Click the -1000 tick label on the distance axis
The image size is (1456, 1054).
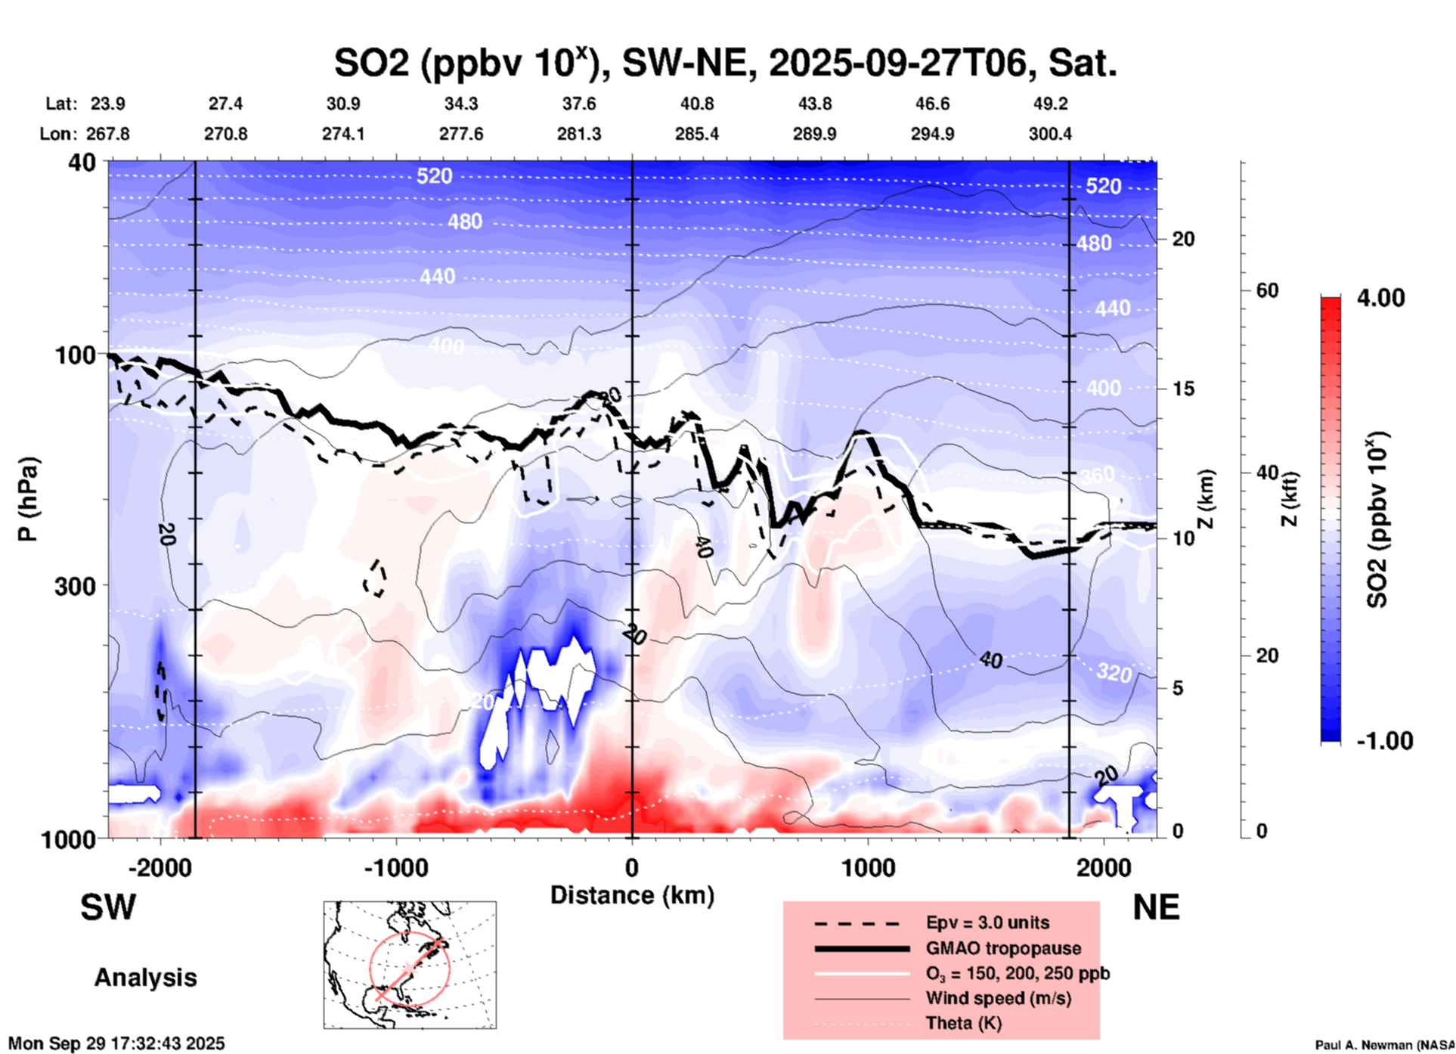pos(396,867)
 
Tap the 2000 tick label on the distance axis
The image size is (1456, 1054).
pos(1104,867)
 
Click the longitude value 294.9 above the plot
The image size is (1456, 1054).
pos(932,134)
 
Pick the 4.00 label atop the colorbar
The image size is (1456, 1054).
pos(1380,297)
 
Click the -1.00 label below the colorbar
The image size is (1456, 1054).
pos(1384,740)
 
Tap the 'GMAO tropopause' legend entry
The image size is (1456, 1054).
pos(1003,948)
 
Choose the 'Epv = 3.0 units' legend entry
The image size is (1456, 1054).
pos(987,922)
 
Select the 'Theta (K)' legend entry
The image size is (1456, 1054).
pos(963,1023)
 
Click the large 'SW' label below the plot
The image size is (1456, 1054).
pos(108,907)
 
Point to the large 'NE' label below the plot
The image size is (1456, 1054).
pos(1156,907)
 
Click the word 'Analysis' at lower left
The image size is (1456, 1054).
pos(145,978)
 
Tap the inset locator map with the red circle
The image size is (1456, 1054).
pos(410,965)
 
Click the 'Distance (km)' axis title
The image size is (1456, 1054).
pos(632,895)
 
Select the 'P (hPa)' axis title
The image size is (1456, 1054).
pos(28,499)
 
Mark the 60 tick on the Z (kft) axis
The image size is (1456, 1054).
pos(1267,290)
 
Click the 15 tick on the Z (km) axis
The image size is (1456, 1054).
pos(1182,389)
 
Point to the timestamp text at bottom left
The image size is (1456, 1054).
pos(116,1043)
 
